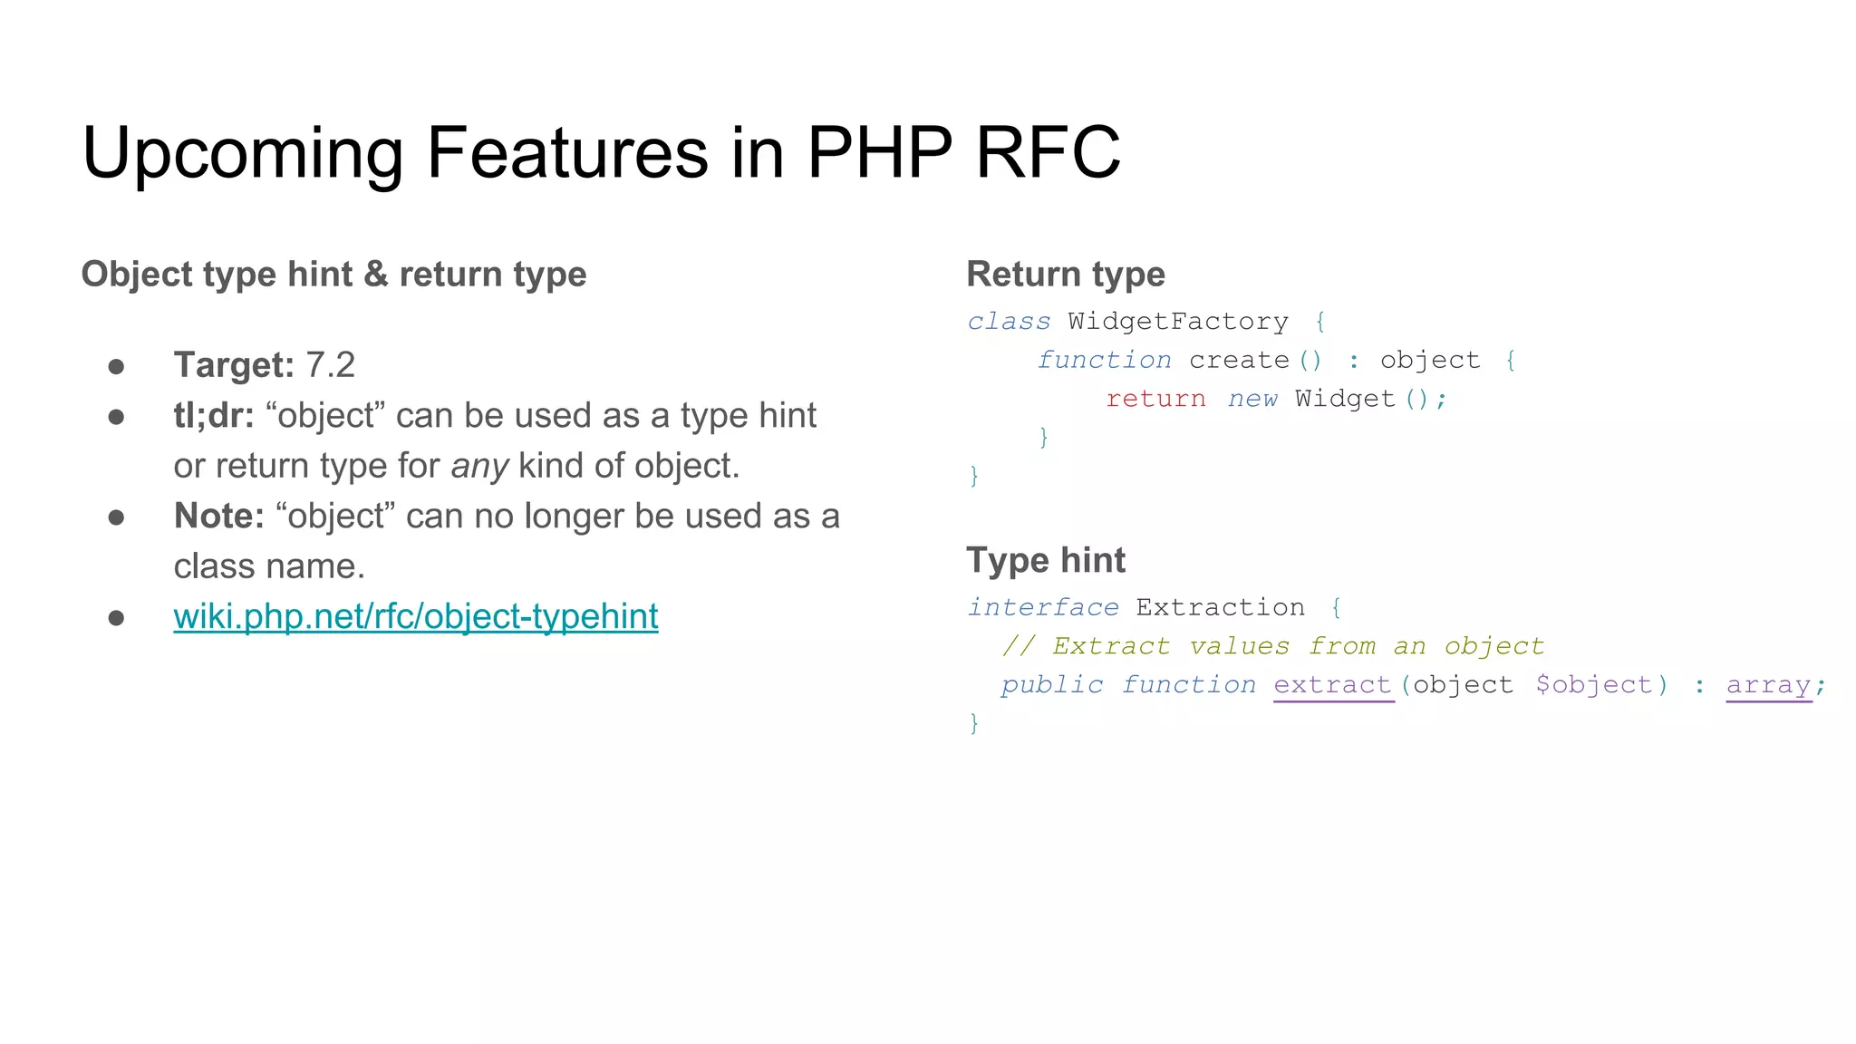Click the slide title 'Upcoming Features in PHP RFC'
click(601, 152)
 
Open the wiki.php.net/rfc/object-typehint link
click(415, 616)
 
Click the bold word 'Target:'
click(234, 365)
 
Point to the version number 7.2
click(331, 365)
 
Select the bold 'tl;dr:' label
click(214, 416)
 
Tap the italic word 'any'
click(479, 466)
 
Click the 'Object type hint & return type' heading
click(333, 274)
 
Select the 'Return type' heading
click(1066, 274)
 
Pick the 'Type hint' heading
click(1046, 560)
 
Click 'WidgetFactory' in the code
click(1178, 322)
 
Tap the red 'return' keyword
click(1155, 399)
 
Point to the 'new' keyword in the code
click(1252, 399)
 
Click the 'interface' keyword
click(1043, 607)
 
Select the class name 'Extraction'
click(1221, 607)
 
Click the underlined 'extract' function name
click(1332, 685)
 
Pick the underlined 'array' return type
click(1768, 685)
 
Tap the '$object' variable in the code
click(1593, 685)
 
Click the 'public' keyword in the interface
click(1052, 685)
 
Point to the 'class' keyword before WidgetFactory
click(1009, 322)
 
